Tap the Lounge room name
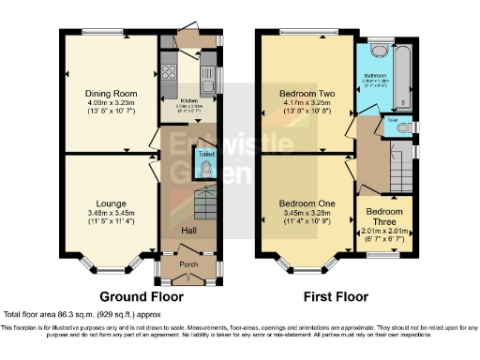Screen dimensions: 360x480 tap(111, 202)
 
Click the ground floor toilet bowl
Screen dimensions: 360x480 tap(207, 170)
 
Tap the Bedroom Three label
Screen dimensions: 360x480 tap(384, 217)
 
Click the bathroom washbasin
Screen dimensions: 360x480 tap(378, 52)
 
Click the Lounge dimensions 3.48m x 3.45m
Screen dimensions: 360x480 tap(111, 213)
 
